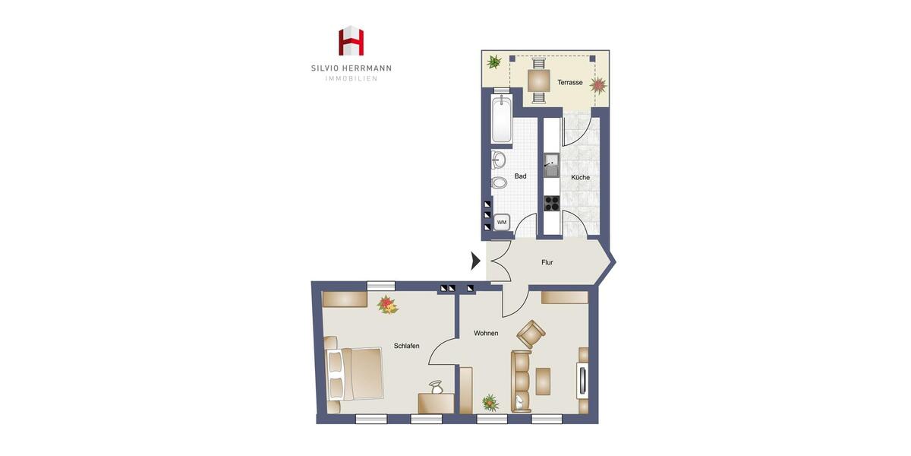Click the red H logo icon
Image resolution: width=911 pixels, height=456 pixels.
pyautogui.click(x=351, y=41)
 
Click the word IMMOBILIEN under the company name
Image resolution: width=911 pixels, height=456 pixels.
pyautogui.click(x=351, y=79)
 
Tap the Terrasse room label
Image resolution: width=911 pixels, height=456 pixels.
pyautogui.click(x=569, y=82)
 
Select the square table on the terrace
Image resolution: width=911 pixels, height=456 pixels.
pyautogui.click(x=538, y=80)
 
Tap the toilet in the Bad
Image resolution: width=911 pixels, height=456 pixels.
pyautogui.click(x=499, y=183)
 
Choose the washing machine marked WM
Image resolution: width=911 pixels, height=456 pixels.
pyautogui.click(x=501, y=223)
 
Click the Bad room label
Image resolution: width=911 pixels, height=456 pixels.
pyautogui.click(x=520, y=176)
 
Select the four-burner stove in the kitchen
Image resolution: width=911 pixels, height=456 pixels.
pyautogui.click(x=552, y=203)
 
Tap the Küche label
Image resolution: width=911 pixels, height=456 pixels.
pyautogui.click(x=580, y=177)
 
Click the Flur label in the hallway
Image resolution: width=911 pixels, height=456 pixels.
pyautogui.click(x=547, y=263)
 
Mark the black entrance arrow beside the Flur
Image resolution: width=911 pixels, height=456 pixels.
pyautogui.click(x=476, y=261)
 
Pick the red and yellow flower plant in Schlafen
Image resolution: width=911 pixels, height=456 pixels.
pyautogui.click(x=388, y=305)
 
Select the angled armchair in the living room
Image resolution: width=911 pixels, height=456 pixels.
pyautogui.click(x=531, y=334)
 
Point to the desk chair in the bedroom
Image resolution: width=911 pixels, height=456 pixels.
pyautogui.click(x=436, y=388)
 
